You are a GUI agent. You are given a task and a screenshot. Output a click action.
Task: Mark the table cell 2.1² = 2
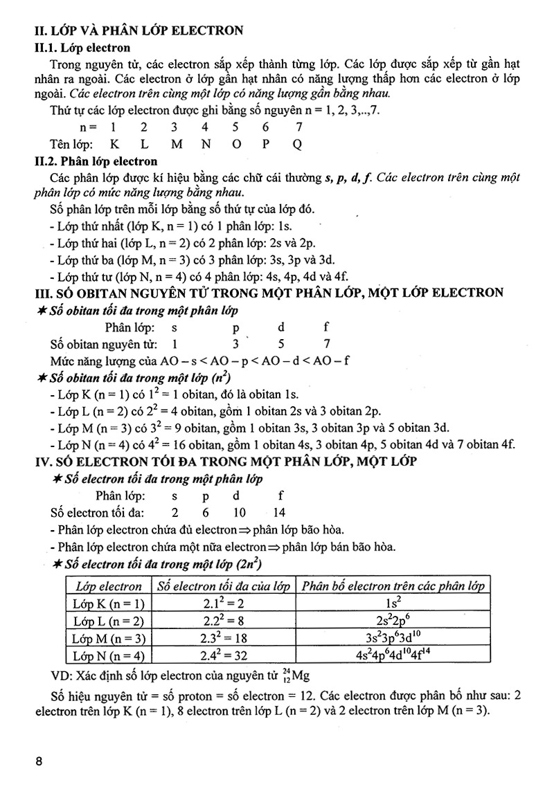223,603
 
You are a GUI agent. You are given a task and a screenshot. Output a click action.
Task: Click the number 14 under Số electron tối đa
280,513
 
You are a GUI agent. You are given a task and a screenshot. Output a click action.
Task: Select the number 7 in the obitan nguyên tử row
326,343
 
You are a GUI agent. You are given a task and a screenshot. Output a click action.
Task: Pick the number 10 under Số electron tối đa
237,513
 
